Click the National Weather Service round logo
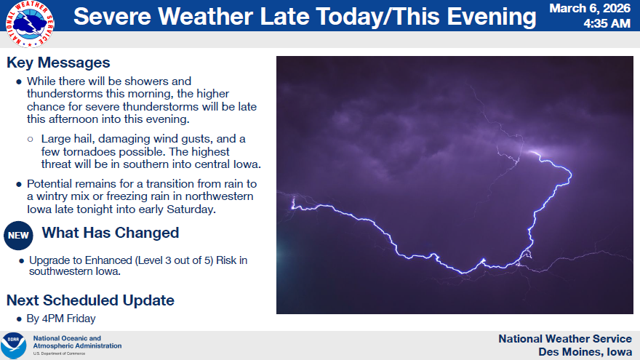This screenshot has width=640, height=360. [30, 24]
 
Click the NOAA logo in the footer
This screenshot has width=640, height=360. [14, 345]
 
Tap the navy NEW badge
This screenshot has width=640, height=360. [18, 236]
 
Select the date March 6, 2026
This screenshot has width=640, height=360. [590, 8]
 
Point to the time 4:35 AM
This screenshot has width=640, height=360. [607, 24]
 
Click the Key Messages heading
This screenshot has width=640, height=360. [58, 63]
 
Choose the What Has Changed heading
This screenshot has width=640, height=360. [111, 233]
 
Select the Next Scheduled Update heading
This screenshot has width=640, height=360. [90, 300]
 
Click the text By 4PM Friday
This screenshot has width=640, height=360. [61, 319]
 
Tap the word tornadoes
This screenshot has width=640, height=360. [88, 152]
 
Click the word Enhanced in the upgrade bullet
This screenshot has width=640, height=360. [108, 260]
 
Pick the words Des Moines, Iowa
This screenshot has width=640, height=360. [585, 352]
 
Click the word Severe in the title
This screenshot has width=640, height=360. [113, 17]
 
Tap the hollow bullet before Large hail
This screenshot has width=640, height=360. [31, 139]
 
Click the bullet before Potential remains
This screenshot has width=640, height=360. [19, 185]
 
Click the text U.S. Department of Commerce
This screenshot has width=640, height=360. [59, 353]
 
